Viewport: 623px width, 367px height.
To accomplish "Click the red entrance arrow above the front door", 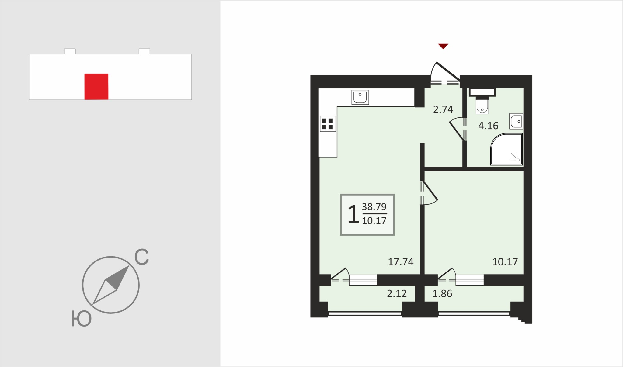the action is (443, 46).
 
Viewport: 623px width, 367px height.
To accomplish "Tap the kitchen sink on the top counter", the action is (360, 97).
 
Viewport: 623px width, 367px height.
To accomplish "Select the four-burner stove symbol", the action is (328, 124).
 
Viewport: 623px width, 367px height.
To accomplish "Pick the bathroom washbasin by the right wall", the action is (516, 121).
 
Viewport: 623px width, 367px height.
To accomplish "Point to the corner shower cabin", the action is (506, 149).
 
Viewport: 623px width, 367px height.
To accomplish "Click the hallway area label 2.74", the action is (443, 109).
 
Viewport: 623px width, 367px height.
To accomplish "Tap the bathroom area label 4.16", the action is (488, 126).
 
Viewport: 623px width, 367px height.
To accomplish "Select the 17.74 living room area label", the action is (401, 261).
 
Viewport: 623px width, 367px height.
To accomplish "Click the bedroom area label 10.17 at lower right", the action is (505, 261).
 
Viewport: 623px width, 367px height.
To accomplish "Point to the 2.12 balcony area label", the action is (397, 293).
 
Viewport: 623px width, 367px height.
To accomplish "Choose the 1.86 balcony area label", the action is (442, 293).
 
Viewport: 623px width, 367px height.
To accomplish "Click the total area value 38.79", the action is (374, 207).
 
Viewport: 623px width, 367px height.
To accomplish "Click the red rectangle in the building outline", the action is (96, 87).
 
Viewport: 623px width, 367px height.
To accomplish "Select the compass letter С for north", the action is (141, 257).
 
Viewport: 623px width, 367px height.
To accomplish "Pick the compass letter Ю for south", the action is (81, 319).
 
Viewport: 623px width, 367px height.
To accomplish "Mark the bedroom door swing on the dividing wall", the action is (429, 193).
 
